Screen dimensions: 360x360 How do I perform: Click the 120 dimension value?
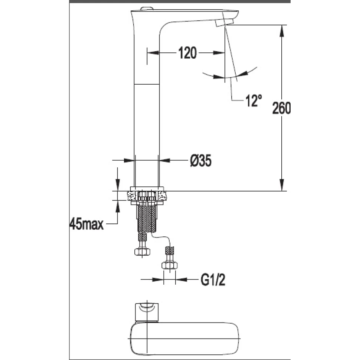click(x=187, y=53)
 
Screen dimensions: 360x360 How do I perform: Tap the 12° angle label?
click(x=253, y=100)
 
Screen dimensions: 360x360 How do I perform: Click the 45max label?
click(x=86, y=225)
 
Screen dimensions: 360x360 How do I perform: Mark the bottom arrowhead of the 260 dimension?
click(x=283, y=186)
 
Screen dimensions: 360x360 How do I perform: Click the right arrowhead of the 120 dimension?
click(x=220, y=53)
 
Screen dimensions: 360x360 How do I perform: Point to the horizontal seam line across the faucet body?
click(x=146, y=83)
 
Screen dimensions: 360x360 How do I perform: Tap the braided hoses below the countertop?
click(x=147, y=219)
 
